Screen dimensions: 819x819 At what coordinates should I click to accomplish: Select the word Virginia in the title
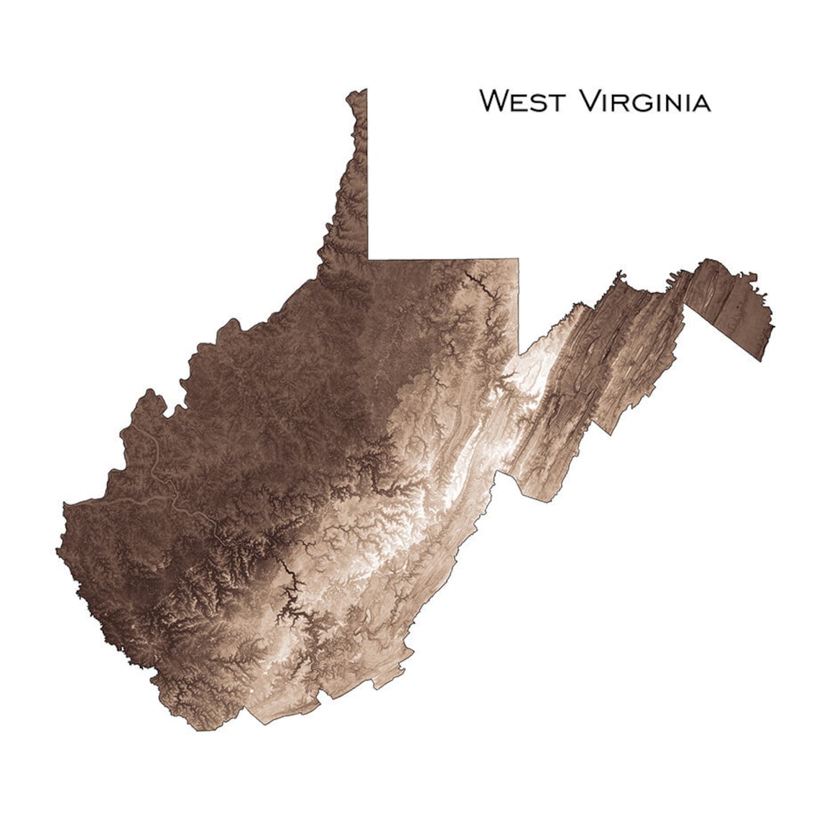(644, 101)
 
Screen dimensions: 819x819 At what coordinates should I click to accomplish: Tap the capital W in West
(494, 101)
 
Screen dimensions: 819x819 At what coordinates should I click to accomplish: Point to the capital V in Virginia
(588, 101)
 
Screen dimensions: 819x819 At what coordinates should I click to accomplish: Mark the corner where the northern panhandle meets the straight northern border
(368, 259)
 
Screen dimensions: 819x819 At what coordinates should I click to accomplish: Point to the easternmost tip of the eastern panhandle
(773, 325)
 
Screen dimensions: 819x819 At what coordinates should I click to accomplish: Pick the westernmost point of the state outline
(57, 550)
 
